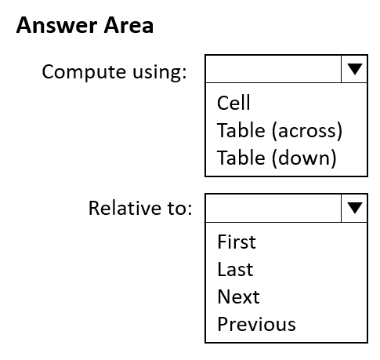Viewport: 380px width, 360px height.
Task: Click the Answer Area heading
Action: (x=85, y=25)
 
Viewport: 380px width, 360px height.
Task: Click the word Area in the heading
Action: (x=128, y=25)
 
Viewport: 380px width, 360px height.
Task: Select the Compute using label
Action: (x=114, y=72)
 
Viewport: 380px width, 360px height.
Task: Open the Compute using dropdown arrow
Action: (x=354, y=69)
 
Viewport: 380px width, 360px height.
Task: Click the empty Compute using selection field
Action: (x=273, y=69)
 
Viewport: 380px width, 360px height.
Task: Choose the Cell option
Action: (x=233, y=103)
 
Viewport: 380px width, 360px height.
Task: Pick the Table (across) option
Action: (x=280, y=130)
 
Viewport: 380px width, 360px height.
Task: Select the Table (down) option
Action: (x=277, y=158)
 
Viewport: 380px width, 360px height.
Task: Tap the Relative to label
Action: (x=140, y=208)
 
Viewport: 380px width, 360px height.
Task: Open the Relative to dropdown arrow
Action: (x=354, y=208)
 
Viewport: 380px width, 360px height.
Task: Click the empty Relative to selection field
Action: (x=273, y=208)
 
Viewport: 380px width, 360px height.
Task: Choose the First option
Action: (x=237, y=242)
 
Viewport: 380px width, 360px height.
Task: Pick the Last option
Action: (x=235, y=269)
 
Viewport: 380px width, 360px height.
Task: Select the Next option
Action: (x=238, y=296)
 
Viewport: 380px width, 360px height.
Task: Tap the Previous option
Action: (x=256, y=324)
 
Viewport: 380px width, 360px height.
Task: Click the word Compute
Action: (x=85, y=71)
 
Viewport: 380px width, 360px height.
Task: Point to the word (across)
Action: (x=307, y=131)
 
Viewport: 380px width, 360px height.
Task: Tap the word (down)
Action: (x=304, y=158)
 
